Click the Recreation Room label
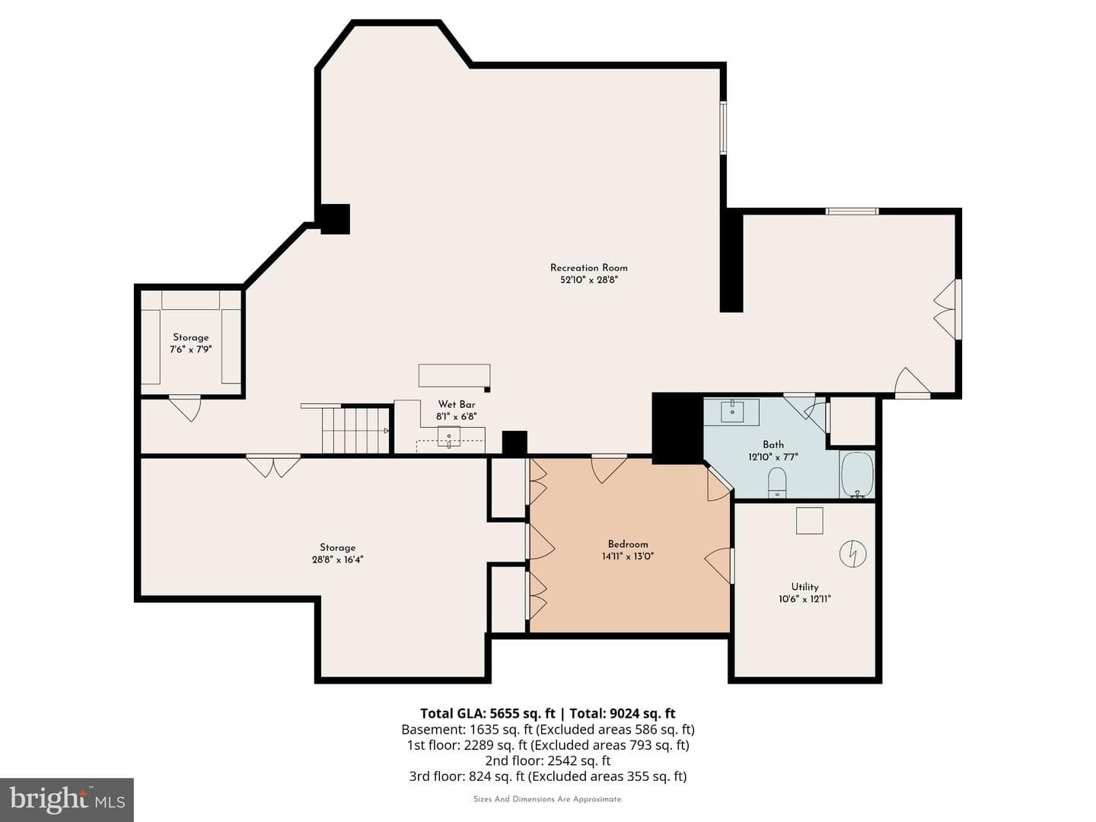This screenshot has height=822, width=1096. click(588, 268)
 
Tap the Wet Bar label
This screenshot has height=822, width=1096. click(457, 404)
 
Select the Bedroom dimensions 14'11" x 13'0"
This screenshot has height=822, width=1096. click(628, 556)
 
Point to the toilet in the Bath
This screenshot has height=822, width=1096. click(777, 482)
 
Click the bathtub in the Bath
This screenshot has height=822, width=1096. click(857, 475)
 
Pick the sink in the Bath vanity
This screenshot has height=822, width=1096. click(732, 410)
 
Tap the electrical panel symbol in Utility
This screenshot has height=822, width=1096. click(853, 553)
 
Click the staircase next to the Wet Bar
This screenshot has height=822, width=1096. click(355, 430)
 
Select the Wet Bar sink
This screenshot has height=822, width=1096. click(449, 437)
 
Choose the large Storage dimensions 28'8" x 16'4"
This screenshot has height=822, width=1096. click(337, 559)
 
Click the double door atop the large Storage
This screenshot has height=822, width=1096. click(273, 466)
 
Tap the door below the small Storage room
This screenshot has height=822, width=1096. click(185, 408)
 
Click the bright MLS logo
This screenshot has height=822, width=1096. click(66, 799)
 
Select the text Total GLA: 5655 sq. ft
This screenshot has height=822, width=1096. click(487, 712)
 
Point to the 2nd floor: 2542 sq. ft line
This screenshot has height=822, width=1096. click(548, 760)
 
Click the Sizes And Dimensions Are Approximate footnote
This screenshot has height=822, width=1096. click(548, 799)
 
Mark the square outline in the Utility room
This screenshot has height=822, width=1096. click(809, 521)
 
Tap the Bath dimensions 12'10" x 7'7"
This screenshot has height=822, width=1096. click(773, 456)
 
